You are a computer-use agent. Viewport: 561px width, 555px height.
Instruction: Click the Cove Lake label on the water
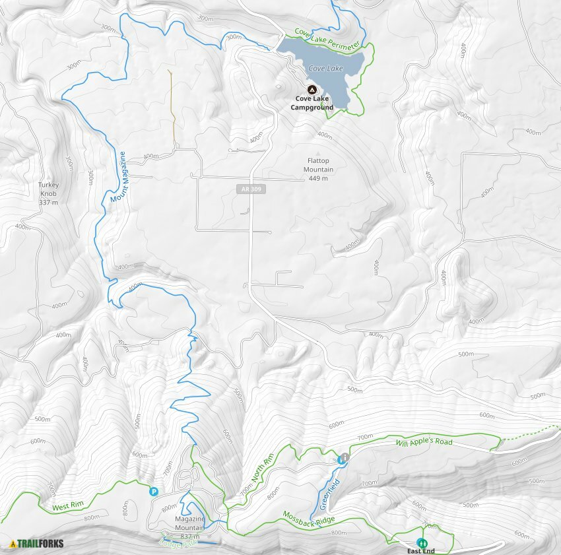(x=325, y=68)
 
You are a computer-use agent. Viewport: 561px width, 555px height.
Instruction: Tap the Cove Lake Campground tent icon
(x=312, y=90)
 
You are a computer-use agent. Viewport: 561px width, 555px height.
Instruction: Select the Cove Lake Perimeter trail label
(x=327, y=40)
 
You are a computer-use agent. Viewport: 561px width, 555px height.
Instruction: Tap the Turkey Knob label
(x=49, y=189)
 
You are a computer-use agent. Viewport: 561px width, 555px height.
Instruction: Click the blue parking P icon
(x=154, y=491)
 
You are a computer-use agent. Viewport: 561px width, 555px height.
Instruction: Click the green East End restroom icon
(x=421, y=542)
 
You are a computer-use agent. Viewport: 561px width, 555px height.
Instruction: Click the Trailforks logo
(x=37, y=544)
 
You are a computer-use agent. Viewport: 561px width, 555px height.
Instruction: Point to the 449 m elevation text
(x=318, y=178)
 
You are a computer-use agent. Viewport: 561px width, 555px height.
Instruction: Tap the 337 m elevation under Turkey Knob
(x=49, y=203)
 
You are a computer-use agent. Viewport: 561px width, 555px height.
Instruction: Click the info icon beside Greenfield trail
(x=343, y=458)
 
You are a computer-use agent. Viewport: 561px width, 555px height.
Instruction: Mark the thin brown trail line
(x=173, y=106)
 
